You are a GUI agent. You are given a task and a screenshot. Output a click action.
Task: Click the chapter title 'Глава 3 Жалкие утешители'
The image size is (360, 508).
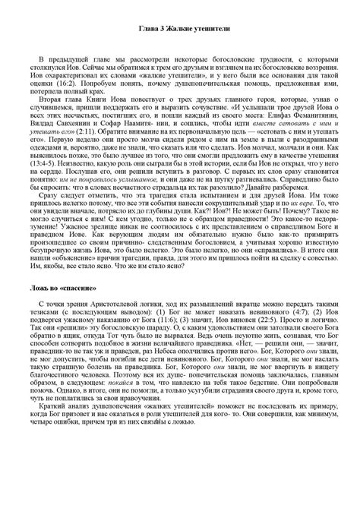click(180, 28)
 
